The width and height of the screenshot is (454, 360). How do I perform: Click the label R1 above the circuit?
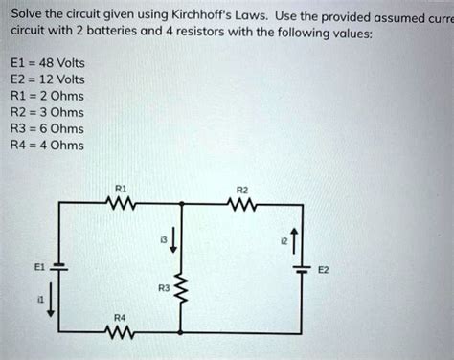click(x=121, y=189)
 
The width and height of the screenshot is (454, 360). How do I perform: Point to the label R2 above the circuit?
click(x=242, y=189)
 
